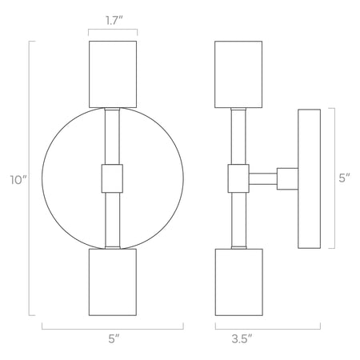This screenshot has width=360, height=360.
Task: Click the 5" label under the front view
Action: (x=112, y=340)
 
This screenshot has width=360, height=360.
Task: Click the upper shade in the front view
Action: (x=113, y=73)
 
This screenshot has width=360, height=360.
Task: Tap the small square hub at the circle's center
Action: (x=113, y=178)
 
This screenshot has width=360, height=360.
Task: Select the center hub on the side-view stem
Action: (x=238, y=178)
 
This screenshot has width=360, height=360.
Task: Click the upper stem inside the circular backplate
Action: (x=113, y=136)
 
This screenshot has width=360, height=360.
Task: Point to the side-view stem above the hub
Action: (x=238, y=136)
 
